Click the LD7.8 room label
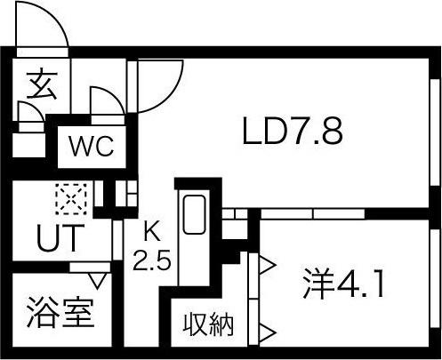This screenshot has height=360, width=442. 293,131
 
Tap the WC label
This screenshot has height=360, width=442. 92,146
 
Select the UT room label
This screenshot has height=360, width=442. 60,238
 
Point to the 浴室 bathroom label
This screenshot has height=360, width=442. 60,313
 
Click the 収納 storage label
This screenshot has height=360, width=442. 208,325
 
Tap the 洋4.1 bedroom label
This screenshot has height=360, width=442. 343,284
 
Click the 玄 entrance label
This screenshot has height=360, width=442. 41,84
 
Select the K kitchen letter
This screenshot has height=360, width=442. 152,232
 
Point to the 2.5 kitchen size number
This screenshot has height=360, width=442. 152,260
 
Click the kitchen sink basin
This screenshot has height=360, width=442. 195,215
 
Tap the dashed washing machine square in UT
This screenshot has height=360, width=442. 71,199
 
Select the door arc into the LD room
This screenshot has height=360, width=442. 172,96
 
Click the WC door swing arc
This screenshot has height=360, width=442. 114,95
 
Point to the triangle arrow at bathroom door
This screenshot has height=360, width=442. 98,281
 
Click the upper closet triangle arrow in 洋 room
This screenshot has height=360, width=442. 268,264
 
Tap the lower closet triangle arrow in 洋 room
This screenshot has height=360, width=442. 268,332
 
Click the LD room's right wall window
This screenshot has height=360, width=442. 435,132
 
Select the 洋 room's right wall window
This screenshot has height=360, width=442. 435,278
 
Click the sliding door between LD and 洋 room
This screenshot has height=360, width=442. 312,214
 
